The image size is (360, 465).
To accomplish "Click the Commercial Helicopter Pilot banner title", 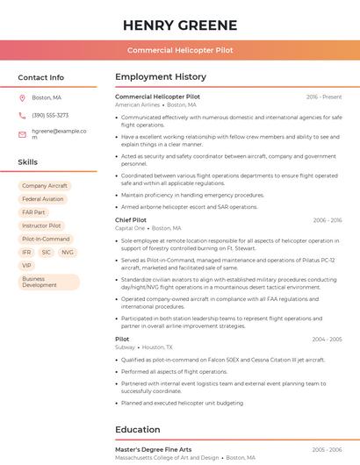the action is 180,50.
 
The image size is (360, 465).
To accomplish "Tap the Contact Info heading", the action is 40,77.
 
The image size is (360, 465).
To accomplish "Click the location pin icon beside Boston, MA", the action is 22,97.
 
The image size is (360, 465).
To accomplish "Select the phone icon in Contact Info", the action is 22,115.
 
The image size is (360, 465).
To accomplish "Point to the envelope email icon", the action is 22,134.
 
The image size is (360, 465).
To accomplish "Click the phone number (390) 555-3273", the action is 50,115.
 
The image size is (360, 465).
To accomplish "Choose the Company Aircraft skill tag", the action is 45,186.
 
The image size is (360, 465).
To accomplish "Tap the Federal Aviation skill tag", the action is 43,199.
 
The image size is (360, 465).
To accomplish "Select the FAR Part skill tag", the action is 34,212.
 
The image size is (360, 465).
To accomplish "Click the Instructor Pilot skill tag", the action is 42,225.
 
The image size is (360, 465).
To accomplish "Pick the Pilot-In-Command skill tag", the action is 46,239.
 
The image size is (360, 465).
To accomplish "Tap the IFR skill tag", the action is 26,252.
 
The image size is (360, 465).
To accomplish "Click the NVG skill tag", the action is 68,252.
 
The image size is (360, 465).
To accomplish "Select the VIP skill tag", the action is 26,265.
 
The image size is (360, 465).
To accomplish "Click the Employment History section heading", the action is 161,77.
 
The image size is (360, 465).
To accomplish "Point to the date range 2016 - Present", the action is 324,97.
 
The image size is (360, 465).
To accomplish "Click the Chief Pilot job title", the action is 131,220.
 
